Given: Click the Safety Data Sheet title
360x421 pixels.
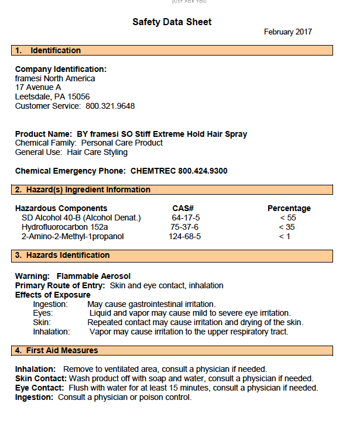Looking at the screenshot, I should [x=172, y=22].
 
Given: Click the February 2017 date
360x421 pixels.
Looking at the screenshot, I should [x=287, y=32].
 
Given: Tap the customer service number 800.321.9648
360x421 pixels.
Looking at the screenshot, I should [x=110, y=106].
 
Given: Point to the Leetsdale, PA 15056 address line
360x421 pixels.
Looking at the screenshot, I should [x=52, y=96].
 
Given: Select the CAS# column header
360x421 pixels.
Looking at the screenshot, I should [x=183, y=208].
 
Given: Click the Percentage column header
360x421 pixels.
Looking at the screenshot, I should [x=289, y=208].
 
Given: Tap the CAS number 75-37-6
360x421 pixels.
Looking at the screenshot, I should [x=184, y=227].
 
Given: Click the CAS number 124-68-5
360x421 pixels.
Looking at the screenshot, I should [x=185, y=236].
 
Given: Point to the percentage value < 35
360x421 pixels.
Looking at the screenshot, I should [x=287, y=227].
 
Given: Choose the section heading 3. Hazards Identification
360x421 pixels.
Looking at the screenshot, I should [x=62, y=256].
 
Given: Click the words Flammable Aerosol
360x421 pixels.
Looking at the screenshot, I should [x=94, y=276].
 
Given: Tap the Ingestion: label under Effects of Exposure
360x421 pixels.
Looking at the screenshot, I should [x=50, y=304].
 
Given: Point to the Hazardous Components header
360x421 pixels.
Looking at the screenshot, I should [x=61, y=208].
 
